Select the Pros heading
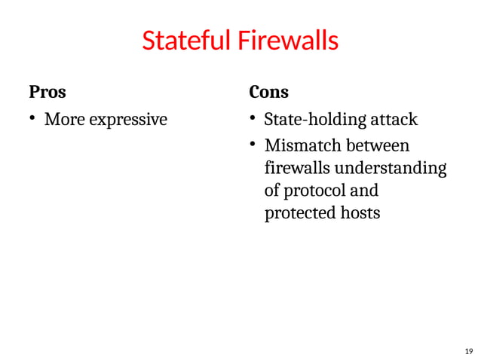[x=47, y=93]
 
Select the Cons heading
[x=268, y=93]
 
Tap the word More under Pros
[x=63, y=119]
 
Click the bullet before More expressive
[x=32, y=119]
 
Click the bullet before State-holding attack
[x=254, y=119]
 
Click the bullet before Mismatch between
[x=254, y=144]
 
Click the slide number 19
[x=468, y=351]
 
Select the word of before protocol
[x=273, y=190]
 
